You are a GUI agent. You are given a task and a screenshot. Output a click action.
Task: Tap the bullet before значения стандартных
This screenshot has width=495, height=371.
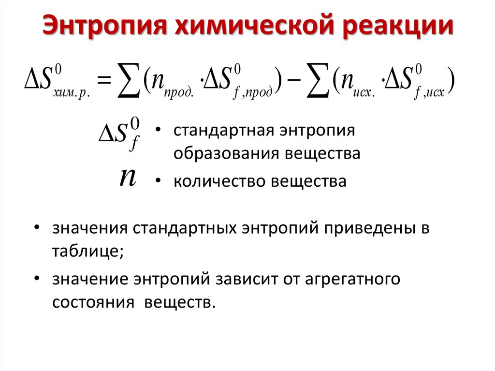click(37, 228)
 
